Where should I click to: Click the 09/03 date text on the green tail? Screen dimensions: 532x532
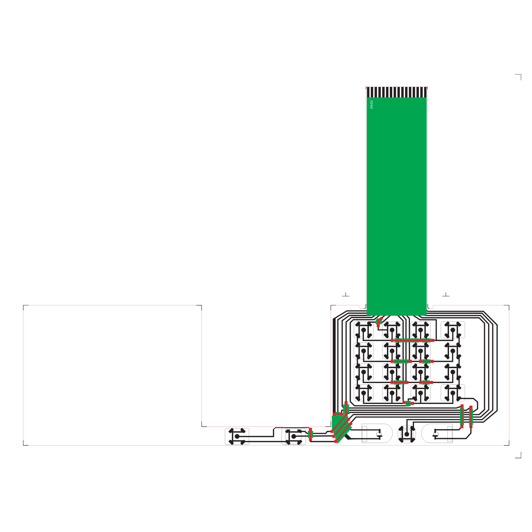point(372,104)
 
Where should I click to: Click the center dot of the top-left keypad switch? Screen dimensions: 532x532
point(364,330)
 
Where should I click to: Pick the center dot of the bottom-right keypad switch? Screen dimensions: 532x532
point(453,393)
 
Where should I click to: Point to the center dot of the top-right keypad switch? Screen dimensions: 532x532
point(453,330)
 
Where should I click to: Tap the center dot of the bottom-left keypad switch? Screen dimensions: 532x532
point(364,393)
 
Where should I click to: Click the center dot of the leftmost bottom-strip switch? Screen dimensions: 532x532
point(237,436)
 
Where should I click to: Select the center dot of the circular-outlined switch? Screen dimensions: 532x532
point(407,434)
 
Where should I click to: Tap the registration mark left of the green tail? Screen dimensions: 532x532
point(345,295)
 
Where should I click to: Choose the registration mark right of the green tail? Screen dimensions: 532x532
point(446,295)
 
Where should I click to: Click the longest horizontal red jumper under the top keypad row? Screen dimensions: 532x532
point(412,340)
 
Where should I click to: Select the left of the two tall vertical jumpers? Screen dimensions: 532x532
point(462,416)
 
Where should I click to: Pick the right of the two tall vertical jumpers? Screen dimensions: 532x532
point(471,417)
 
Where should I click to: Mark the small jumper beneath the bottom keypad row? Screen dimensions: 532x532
point(408,403)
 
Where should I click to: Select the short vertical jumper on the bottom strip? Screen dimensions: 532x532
point(311,434)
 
